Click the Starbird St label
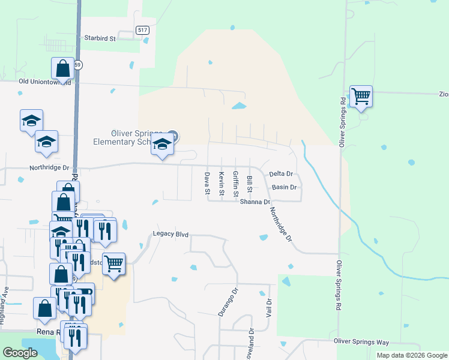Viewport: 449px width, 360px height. (x=98, y=38)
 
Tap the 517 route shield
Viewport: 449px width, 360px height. (x=142, y=30)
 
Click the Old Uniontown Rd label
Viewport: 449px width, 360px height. (x=45, y=82)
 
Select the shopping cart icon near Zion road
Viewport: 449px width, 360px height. (x=361, y=96)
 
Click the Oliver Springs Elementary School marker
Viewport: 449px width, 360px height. (x=161, y=145)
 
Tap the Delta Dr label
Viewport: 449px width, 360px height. (x=281, y=173)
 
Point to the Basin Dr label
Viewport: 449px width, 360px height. (x=285, y=187)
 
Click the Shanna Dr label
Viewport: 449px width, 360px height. (x=255, y=202)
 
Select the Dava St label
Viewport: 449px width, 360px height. (x=206, y=184)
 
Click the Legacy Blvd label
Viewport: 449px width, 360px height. (x=170, y=234)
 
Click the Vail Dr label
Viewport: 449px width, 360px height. (x=268, y=309)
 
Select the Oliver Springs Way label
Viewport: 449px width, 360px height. (x=361, y=342)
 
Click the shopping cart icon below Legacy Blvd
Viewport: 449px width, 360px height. (x=113, y=263)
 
